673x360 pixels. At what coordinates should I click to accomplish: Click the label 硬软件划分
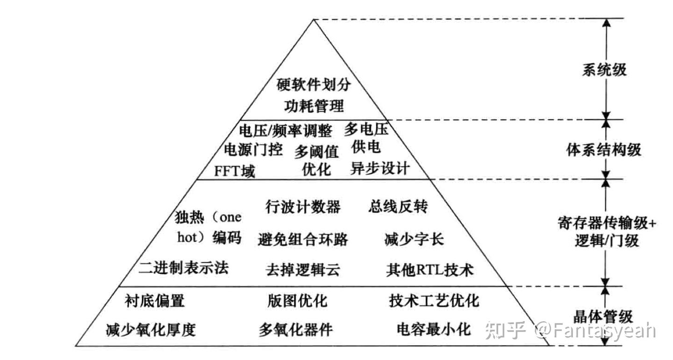(x=314, y=85)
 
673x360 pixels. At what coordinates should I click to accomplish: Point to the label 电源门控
(x=253, y=151)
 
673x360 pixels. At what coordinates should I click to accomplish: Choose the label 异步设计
(x=379, y=168)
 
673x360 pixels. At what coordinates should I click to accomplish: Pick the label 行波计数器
(x=303, y=206)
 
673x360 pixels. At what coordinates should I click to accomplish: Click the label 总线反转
(x=398, y=206)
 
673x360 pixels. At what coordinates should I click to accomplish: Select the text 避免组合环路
(x=303, y=239)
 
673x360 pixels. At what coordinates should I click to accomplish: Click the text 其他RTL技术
(x=430, y=270)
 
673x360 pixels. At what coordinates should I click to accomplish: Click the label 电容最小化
(x=433, y=329)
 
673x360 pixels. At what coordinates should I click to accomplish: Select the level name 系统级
(x=604, y=70)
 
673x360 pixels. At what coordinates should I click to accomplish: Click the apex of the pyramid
(x=314, y=19)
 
